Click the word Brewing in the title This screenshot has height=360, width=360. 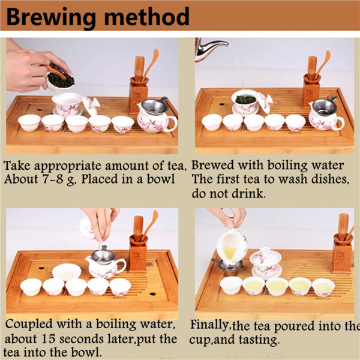(x=51, y=17)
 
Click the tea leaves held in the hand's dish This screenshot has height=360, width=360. (x=61, y=80)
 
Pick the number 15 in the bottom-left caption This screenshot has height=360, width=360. (x=49, y=338)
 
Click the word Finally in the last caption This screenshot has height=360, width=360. (x=209, y=325)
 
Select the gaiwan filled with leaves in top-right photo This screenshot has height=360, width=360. (x=245, y=102)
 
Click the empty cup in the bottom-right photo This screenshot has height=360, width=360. (x=231, y=286)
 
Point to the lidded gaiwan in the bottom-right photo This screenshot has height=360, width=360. (x=266, y=263)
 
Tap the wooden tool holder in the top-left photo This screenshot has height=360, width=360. (x=138, y=95)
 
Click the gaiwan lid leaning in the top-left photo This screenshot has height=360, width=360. (x=91, y=106)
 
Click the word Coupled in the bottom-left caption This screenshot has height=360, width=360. (x=29, y=325)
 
